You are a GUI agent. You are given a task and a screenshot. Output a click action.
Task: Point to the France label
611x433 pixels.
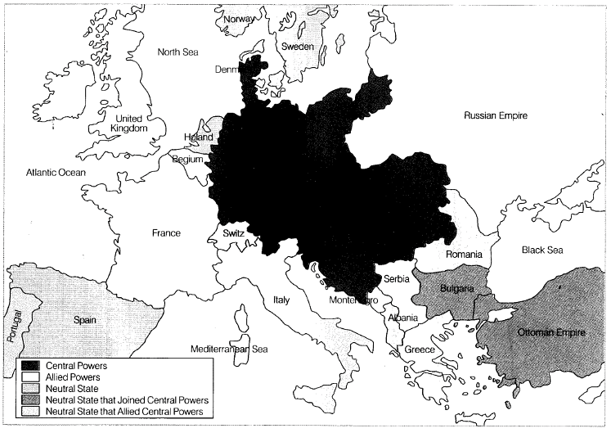click(x=166, y=233)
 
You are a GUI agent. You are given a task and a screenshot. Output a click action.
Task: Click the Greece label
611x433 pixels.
click(x=420, y=350)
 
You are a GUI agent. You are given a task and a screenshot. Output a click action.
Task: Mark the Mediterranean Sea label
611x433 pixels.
click(x=230, y=349)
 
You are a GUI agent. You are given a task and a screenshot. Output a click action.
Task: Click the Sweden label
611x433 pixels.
click(x=298, y=47)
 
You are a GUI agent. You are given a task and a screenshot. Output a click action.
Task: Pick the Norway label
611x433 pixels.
click(x=238, y=20)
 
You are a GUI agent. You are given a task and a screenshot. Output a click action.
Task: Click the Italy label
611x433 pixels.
click(x=276, y=300)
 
